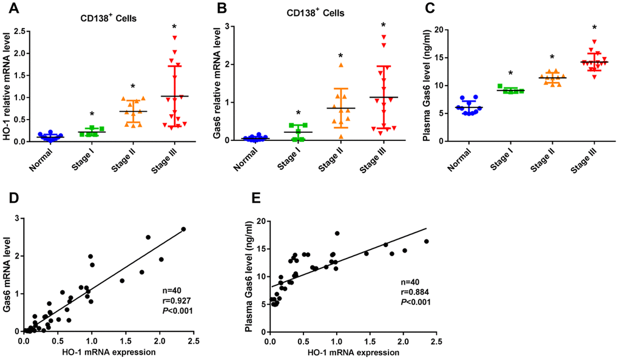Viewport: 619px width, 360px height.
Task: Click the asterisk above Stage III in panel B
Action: (x=383, y=25)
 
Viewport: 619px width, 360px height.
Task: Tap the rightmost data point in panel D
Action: (x=183, y=229)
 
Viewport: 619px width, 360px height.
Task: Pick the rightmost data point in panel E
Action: (x=426, y=242)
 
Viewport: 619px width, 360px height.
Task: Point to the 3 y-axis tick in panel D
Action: (x=19, y=219)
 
